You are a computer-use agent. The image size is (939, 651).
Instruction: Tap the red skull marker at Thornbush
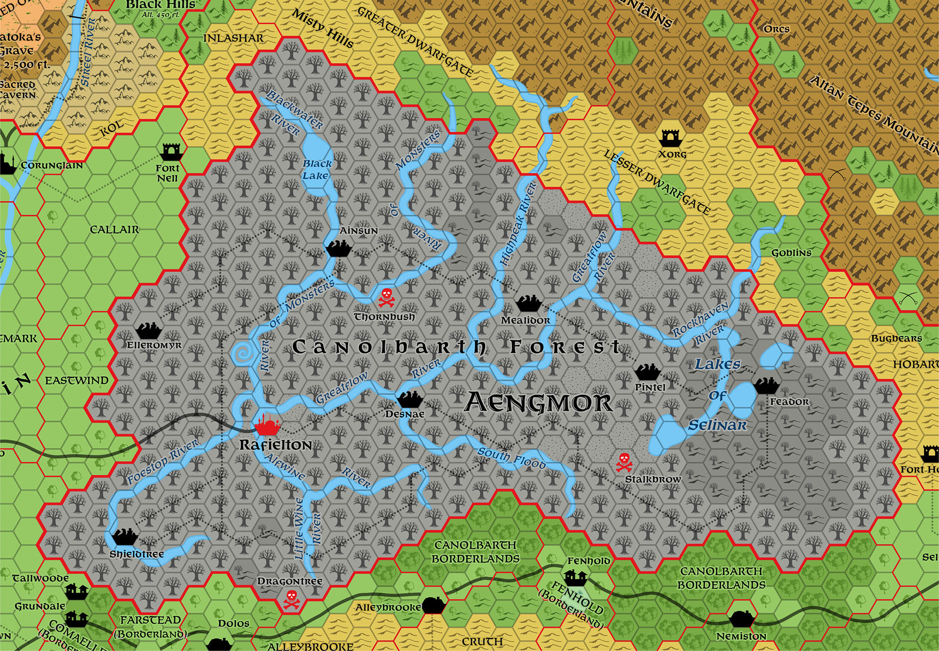tap(386, 297)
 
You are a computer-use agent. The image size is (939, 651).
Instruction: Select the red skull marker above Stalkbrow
tap(624, 462)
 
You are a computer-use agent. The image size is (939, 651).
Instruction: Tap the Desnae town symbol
tap(410, 399)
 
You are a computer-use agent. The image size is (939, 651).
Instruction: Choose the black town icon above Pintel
tap(647, 372)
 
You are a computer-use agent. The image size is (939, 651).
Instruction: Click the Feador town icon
tap(767, 386)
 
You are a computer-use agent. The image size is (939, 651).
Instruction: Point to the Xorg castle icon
tap(671, 139)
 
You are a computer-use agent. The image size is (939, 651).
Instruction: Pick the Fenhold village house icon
tap(575, 576)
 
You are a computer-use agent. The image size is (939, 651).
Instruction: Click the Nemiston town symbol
tap(741, 619)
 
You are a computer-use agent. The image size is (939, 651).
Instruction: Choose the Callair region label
tap(115, 230)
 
